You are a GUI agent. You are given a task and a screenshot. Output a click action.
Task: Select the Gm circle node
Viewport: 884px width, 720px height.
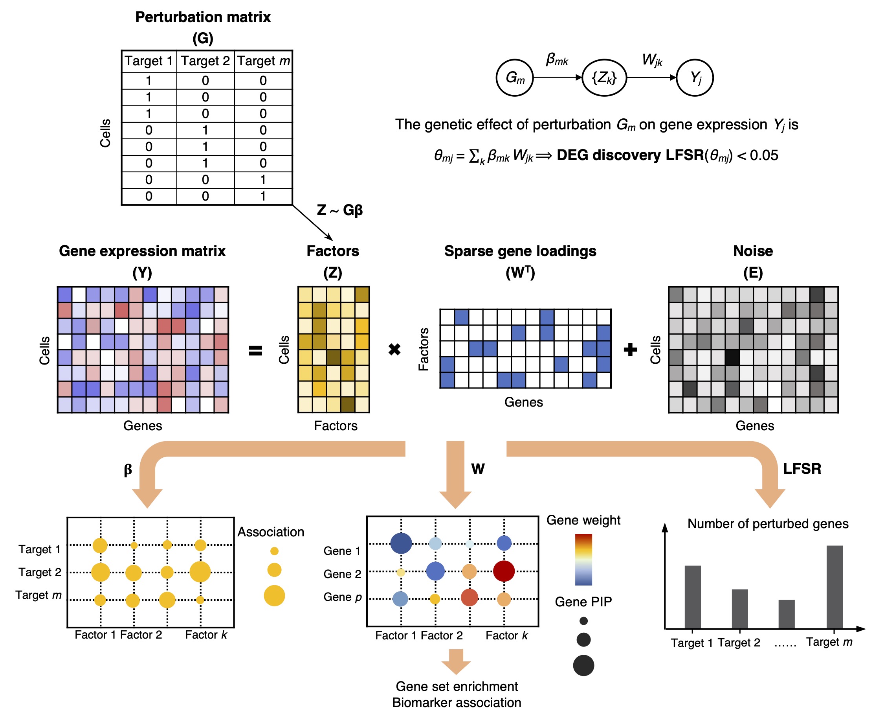click(514, 77)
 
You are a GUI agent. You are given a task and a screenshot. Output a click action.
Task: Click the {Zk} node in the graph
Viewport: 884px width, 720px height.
click(604, 77)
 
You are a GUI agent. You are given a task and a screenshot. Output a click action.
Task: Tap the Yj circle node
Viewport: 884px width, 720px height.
click(694, 77)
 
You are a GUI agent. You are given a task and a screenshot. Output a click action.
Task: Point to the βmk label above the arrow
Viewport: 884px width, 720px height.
click(557, 59)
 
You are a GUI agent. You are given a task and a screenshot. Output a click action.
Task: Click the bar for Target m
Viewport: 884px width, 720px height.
click(834, 586)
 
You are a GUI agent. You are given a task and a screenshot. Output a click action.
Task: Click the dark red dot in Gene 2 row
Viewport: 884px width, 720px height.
click(504, 571)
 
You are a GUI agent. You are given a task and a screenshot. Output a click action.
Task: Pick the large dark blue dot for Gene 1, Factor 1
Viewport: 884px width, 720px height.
click(401, 543)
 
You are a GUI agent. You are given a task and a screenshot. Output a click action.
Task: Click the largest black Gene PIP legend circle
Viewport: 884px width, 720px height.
click(583, 665)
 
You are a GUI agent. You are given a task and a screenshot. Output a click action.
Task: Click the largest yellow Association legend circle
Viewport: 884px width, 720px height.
click(274, 595)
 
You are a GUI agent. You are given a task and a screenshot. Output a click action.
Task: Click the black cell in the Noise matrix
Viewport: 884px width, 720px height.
click(732, 357)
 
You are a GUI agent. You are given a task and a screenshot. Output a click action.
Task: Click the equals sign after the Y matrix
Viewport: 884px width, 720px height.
click(255, 350)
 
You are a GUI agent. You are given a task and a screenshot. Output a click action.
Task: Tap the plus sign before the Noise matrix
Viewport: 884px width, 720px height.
click(630, 349)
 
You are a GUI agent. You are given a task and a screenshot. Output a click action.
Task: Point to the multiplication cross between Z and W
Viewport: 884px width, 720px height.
click(394, 349)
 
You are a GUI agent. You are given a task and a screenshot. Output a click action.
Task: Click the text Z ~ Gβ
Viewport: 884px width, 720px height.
click(339, 210)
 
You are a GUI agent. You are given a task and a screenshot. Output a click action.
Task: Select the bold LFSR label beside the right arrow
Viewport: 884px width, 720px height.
click(801, 469)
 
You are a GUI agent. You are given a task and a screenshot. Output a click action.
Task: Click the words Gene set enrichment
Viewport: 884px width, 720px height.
click(456, 686)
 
